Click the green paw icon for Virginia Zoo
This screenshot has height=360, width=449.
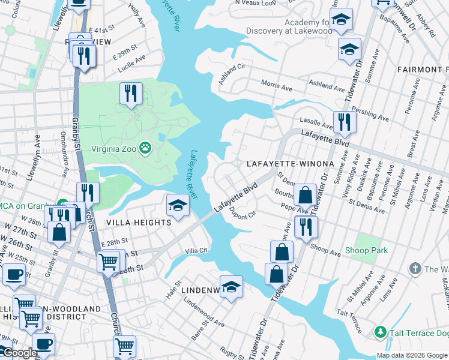click(145, 147)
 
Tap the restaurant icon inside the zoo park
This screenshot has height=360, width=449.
click(130, 93)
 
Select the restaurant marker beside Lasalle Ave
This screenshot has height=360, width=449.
click(344, 122)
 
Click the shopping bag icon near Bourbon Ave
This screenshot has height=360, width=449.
click(305, 195)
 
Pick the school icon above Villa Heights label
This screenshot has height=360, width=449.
click(178, 206)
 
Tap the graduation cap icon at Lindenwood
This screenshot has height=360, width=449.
click(231, 286)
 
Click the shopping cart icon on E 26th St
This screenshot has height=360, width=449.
click(108, 261)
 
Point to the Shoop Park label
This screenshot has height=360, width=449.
click(366, 250)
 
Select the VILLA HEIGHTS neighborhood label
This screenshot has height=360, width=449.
click(139, 223)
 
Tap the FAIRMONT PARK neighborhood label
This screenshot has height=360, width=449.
click(423, 70)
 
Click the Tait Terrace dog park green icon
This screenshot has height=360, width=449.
click(379, 331)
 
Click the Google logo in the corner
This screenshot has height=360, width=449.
click(19, 353)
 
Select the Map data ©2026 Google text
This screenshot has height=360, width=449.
click(411, 355)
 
